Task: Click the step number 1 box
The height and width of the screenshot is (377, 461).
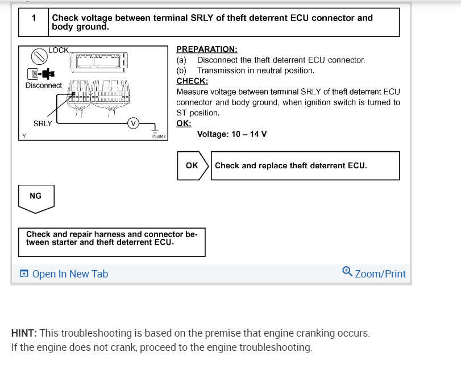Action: coord(34,18)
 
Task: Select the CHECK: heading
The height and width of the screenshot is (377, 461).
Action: coord(192,81)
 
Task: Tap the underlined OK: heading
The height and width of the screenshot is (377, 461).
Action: coord(184,123)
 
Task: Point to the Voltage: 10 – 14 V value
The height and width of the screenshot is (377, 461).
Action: coord(231,134)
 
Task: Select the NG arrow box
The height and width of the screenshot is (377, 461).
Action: coord(35,197)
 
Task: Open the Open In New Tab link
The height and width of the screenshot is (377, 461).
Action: coord(64,274)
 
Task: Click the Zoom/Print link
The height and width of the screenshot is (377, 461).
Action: coord(380,274)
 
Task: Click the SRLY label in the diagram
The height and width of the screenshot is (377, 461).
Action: coord(43,123)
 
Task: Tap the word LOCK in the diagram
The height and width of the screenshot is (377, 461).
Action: coord(59,51)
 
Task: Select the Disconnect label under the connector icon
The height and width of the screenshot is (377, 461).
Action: coord(43,85)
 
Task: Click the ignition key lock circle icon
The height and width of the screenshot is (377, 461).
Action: coord(39,56)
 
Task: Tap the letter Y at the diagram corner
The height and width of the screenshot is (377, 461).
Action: coord(24,135)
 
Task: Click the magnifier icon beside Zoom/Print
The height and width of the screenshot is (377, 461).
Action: coord(347,272)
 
